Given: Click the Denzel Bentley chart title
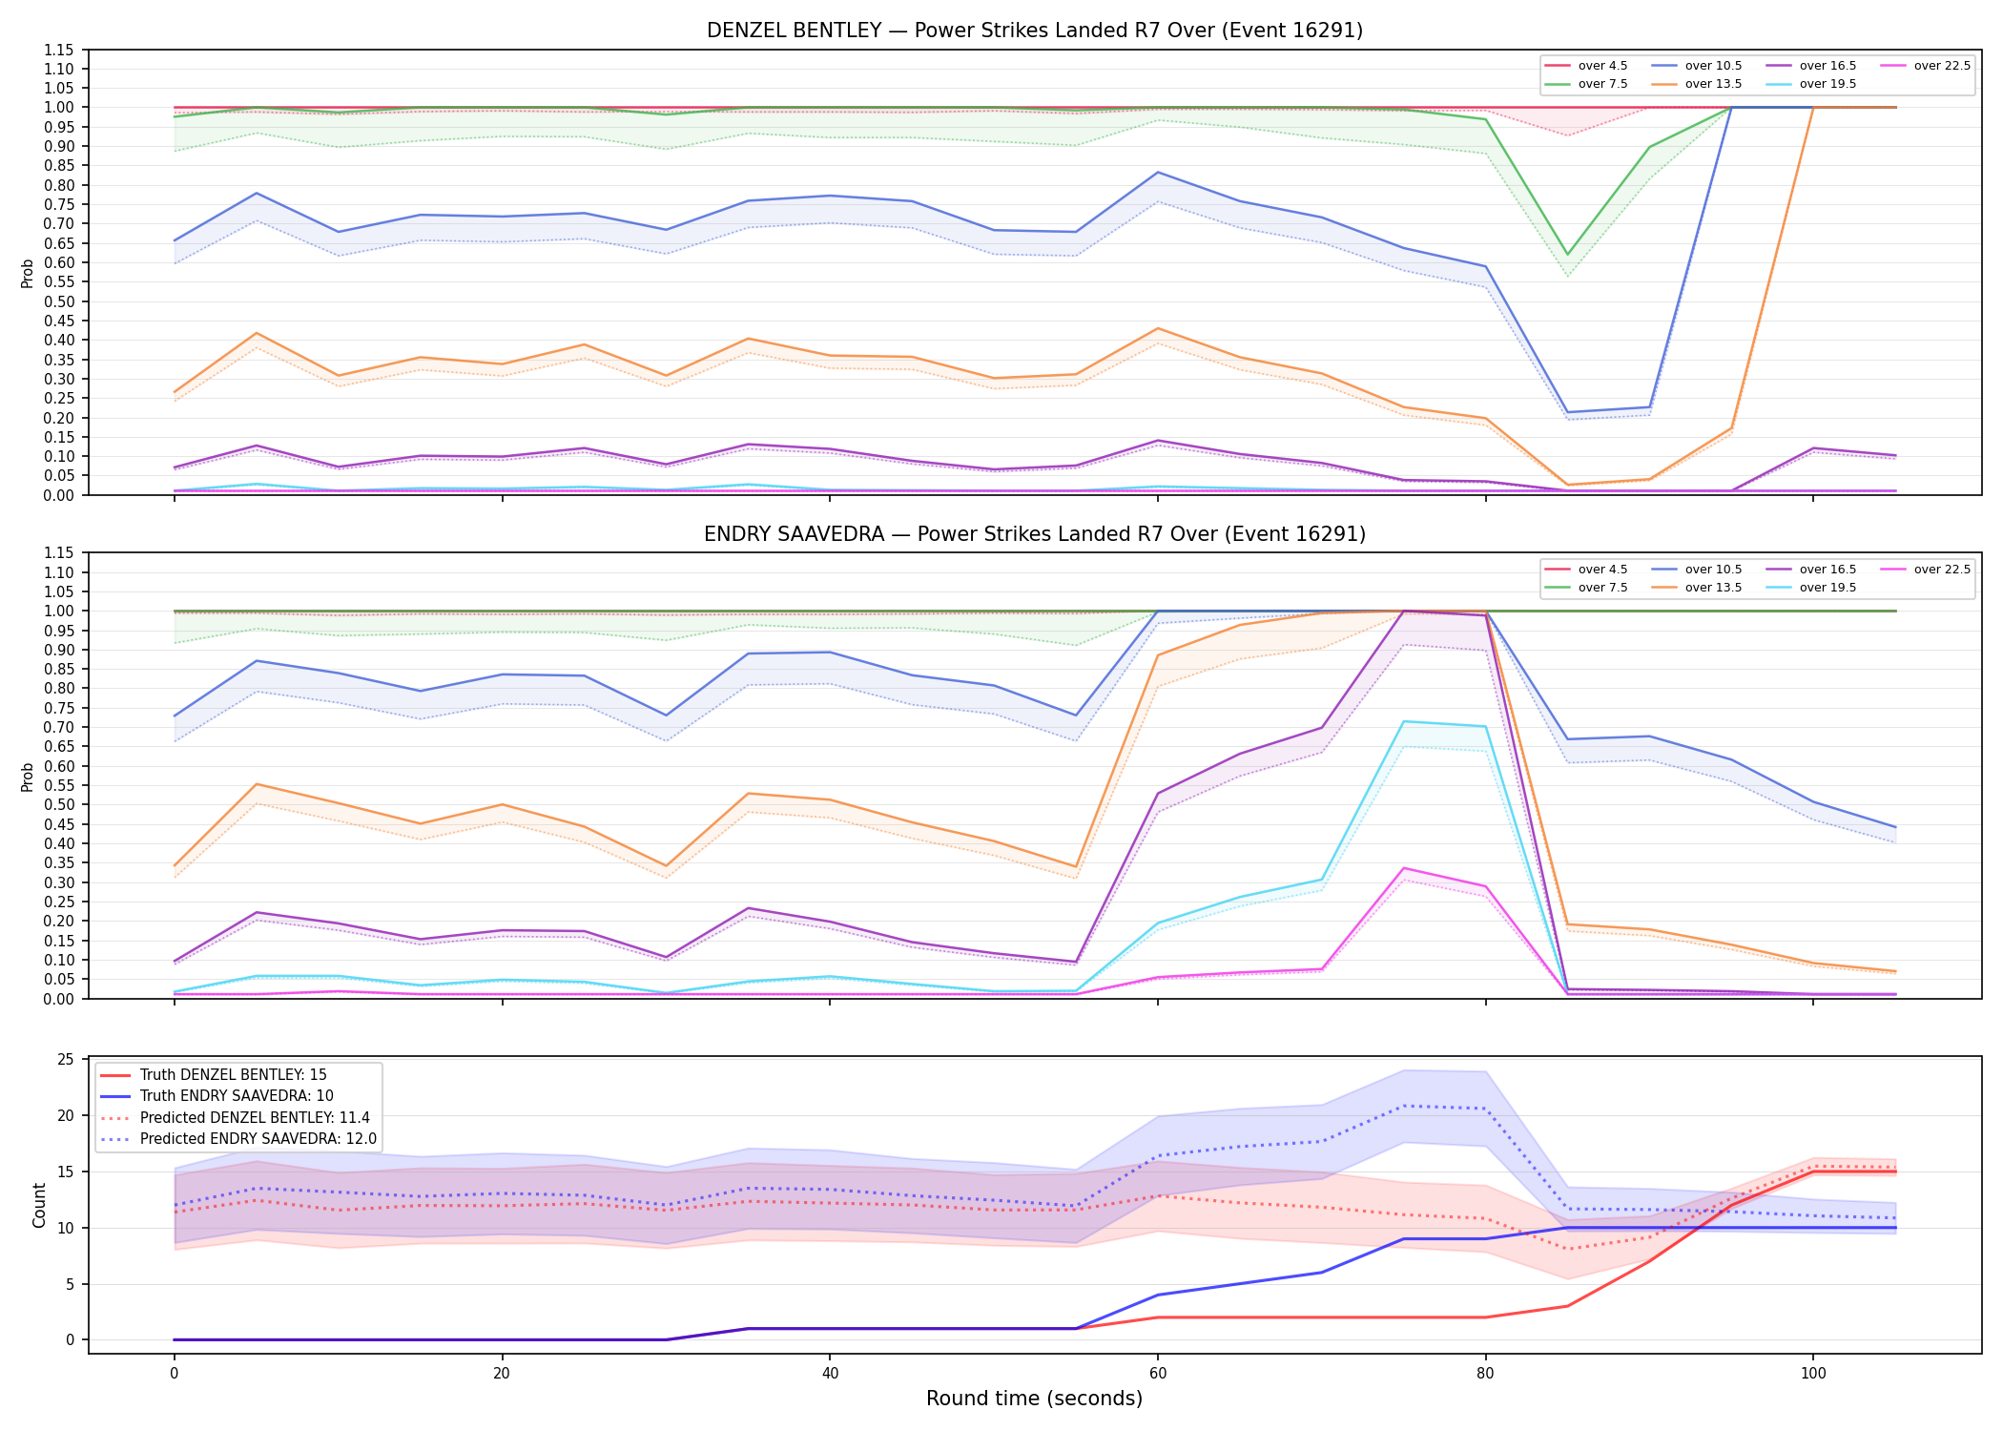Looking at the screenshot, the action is point(1035,31).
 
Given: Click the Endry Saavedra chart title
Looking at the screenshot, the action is point(1035,534).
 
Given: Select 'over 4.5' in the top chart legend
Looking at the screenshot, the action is point(1602,66).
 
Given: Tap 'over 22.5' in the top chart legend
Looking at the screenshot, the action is point(1942,66).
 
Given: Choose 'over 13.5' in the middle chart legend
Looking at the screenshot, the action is point(1713,588).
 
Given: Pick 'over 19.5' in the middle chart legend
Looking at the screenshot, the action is point(1827,588).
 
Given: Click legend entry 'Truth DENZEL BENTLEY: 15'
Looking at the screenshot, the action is point(233,1075).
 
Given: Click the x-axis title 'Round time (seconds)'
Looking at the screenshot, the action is point(1035,1399).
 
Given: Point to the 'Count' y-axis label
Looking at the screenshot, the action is point(39,1205).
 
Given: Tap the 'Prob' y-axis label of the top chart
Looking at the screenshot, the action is point(28,273).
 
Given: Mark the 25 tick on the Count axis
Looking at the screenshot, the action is point(66,1060).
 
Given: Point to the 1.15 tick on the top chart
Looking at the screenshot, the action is point(58,50).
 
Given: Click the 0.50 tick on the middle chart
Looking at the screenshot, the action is point(58,805).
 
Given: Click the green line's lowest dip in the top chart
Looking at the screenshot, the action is point(1566,255).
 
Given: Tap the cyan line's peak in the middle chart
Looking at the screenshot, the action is point(1403,721).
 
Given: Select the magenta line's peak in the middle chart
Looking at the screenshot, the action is point(1403,868).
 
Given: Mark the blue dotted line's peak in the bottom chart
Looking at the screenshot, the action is point(1403,1106).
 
